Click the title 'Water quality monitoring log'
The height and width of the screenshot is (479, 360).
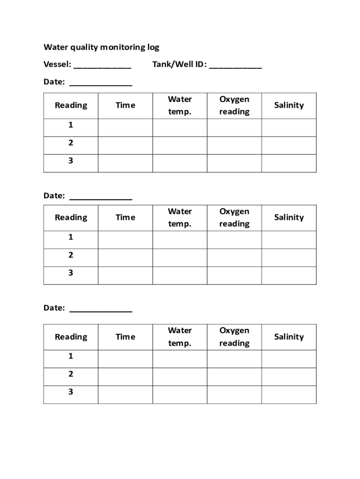coord(101,47)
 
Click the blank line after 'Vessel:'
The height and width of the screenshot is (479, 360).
coord(102,65)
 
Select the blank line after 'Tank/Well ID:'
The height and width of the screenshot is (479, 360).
coord(235,65)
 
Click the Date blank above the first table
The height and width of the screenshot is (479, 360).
coord(101,83)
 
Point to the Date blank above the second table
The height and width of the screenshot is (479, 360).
coord(101,196)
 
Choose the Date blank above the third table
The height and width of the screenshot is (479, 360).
coord(101,309)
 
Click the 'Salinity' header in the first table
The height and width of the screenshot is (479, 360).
coord(288,105)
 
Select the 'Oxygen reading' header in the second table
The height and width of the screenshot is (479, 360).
coord(234,218)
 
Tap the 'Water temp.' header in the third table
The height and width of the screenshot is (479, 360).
coord(180,337)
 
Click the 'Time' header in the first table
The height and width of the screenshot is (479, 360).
coord(125,105)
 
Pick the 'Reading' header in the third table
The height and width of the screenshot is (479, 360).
coord(71,337)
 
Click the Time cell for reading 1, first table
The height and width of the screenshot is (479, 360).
coord(125,127)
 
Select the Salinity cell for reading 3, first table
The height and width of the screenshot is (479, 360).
coord(288,163)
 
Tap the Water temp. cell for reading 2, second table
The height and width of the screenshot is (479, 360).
coord(180,257)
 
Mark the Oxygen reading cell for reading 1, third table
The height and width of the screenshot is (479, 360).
coord(234,359)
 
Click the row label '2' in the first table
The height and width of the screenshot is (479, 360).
coord(71,143)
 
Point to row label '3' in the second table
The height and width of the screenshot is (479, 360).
coord(71,273)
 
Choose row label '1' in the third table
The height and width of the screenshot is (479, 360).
coord(71,356)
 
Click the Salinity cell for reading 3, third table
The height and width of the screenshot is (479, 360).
coord(288,394)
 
